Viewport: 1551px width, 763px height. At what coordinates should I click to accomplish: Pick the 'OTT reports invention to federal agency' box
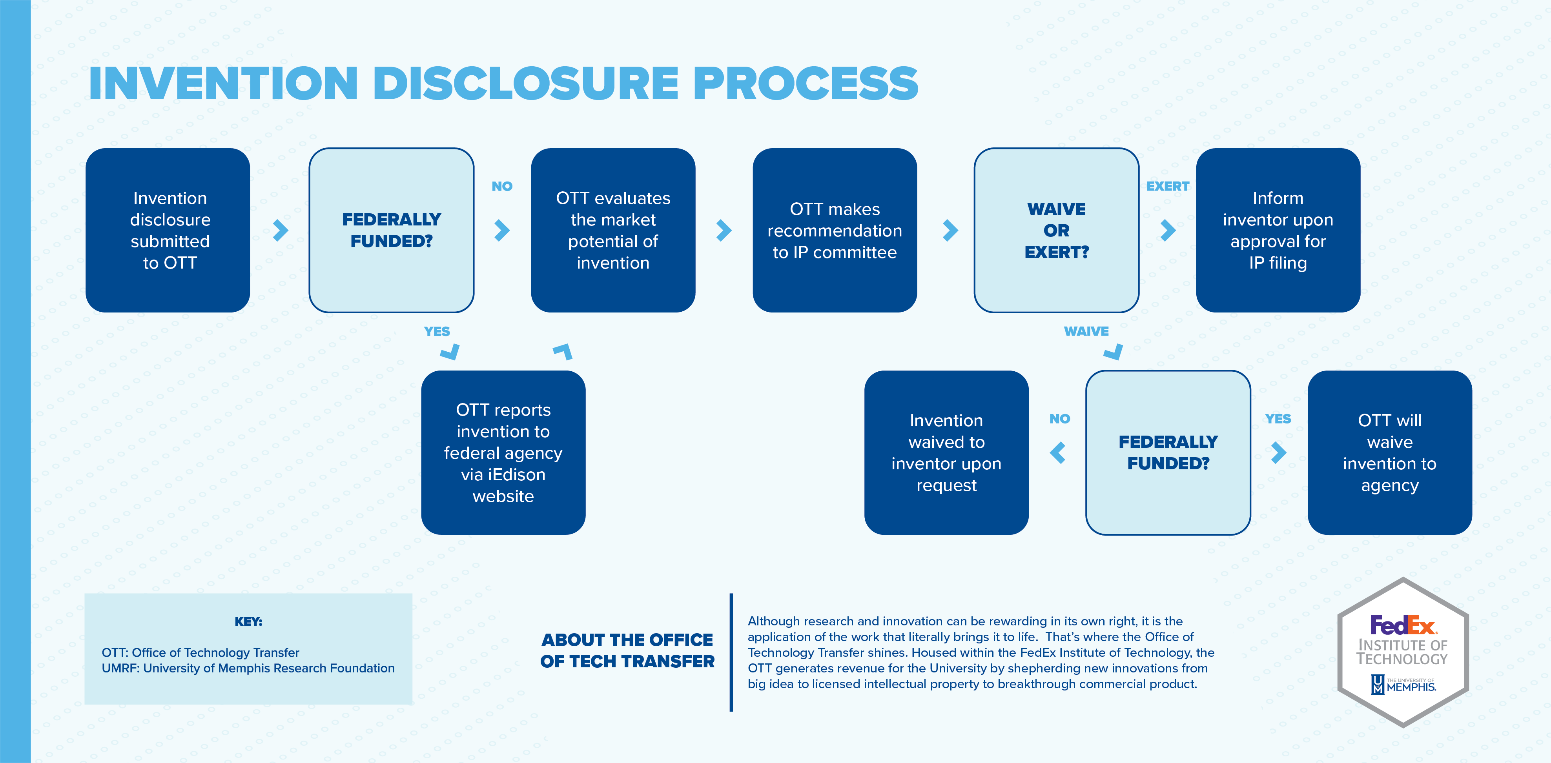coord(503,452)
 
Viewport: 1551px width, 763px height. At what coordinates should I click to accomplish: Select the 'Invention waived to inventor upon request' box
coord(946,452)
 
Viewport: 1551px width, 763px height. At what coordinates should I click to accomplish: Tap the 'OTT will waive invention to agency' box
coord(1390,452)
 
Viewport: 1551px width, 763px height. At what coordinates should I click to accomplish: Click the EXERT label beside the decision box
coord(1167,187)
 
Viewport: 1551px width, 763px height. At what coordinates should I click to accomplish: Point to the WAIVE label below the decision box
coord(1086,332)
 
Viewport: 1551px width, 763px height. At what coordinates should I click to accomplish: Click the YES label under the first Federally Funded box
coord(437,332)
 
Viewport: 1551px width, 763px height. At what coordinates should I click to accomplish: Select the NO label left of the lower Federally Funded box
coord(1060,419)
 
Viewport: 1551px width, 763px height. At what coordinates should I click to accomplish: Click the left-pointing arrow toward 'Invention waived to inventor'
coord(1058,452)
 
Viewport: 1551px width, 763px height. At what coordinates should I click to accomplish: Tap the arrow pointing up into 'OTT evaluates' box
coord(563,351)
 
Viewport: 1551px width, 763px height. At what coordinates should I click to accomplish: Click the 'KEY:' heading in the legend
coord(248,621)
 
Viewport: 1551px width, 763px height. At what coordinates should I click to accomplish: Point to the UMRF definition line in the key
coord(248,669)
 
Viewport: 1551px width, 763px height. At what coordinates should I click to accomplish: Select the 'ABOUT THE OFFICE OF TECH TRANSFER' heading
coord(627,650)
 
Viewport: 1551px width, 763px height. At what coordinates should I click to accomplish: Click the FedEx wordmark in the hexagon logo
coord(1403,626)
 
